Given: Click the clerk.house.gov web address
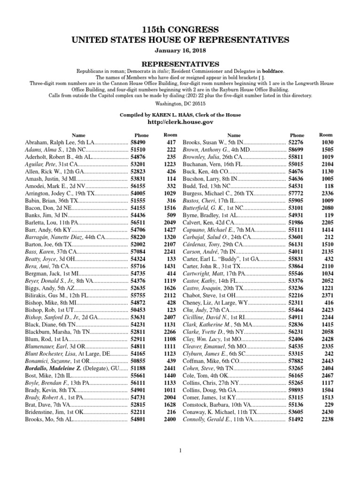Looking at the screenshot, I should click(180, 122).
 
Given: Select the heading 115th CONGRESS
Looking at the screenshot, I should click(180, 29).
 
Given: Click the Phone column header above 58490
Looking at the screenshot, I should click(141, 135).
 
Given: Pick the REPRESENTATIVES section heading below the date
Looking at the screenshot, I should click(180, 64).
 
